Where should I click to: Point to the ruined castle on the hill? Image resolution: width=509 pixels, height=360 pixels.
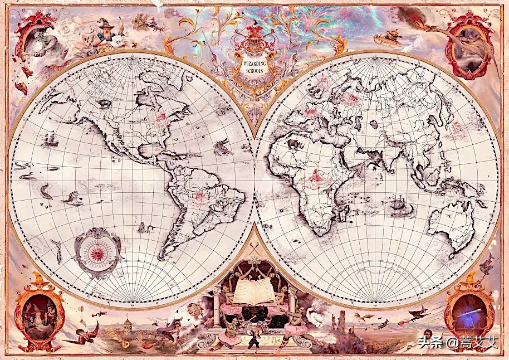point(339,322)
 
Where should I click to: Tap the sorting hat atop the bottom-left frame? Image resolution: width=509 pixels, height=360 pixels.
point(39,278)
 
